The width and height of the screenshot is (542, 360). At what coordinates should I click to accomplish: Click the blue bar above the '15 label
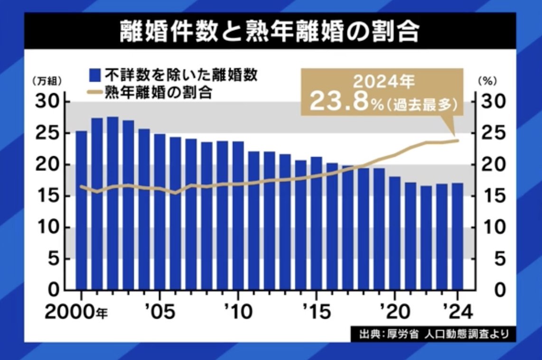pos(316,223)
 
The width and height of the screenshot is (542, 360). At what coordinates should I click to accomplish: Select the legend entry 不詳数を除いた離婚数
pos(173,74)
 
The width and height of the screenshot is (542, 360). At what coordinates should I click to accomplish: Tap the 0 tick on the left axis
pos(53,290)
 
